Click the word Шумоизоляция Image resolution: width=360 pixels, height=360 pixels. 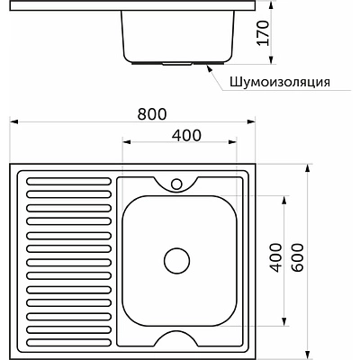[x=279, y=81]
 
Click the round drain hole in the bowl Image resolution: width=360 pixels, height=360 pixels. [x=176, y=261]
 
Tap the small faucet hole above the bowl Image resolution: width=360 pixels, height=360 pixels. [x=176, y=184]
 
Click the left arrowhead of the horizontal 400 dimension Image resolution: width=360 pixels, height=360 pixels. [x=123, y=143]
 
